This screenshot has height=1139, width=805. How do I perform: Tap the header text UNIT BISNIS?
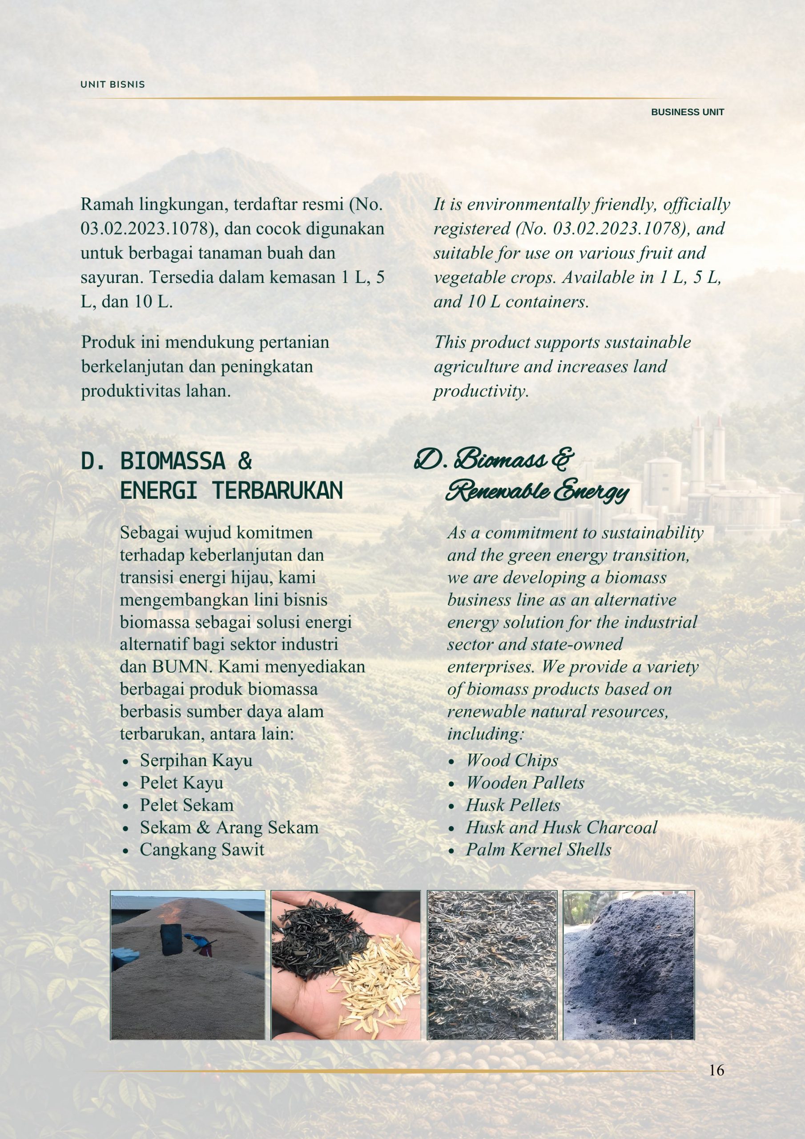[113, 85]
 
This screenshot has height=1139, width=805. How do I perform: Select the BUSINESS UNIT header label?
[687, 112]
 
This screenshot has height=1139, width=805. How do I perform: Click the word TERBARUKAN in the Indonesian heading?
[278, 491]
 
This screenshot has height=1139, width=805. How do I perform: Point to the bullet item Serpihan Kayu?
[196, 760]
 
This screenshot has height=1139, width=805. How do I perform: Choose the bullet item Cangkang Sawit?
[202, 849]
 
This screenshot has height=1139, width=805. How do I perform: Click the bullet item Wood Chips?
[512, 760]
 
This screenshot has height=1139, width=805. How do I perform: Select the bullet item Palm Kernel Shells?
[538, 849]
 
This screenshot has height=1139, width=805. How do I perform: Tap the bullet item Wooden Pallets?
[525, 783]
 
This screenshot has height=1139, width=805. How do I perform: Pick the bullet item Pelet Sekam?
[186, 805]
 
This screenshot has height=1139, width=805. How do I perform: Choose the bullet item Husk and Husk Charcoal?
[561, 827]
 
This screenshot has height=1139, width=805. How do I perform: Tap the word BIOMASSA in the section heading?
[173, 461]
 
